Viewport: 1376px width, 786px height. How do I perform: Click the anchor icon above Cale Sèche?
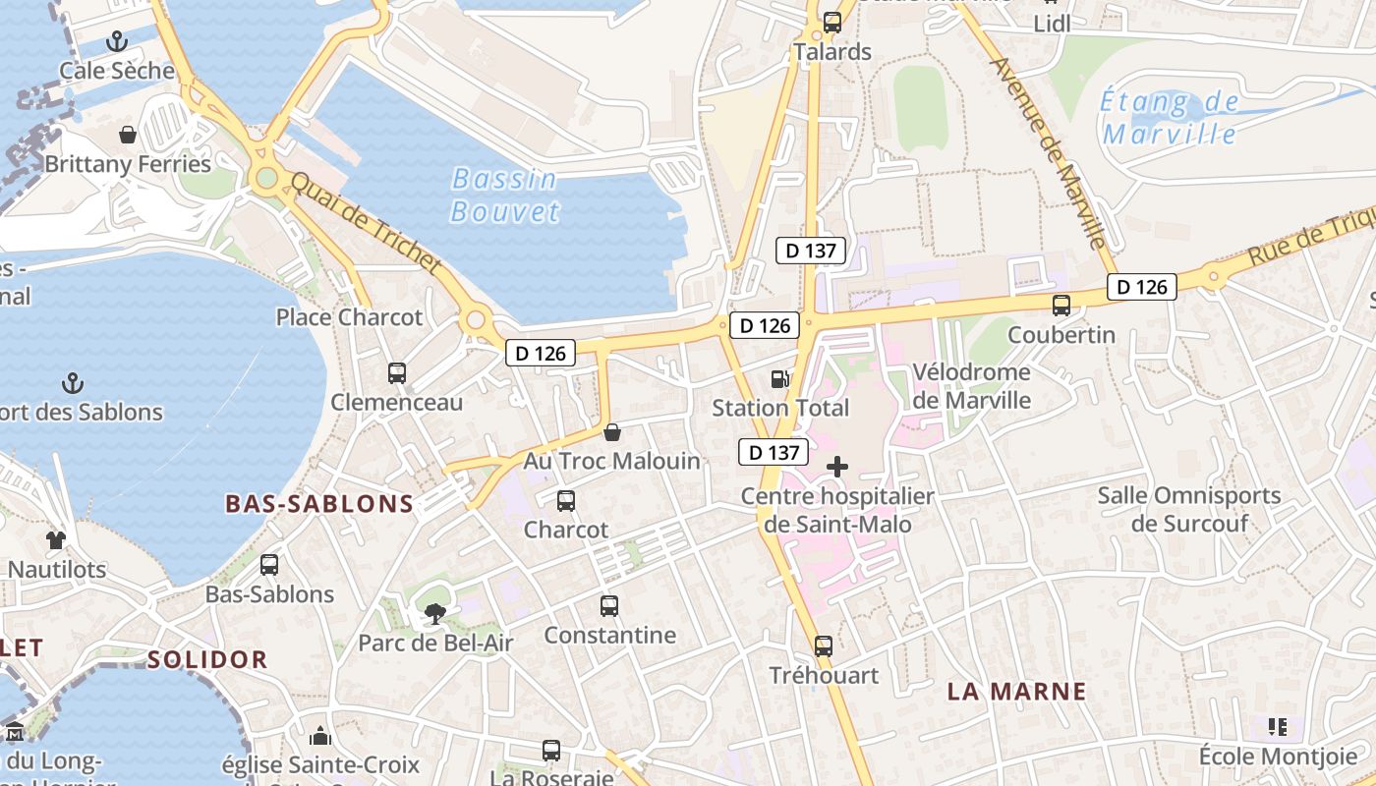[117, 41]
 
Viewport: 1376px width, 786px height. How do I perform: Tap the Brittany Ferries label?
[128, 164]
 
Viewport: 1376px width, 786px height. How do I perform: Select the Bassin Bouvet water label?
[505, 195]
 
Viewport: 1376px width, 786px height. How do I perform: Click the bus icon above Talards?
[832, 22]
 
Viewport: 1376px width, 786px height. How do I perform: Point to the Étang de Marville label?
[1170, 117]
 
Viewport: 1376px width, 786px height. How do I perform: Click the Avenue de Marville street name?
[1050, 152]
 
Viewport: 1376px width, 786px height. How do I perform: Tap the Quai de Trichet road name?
[366, 223]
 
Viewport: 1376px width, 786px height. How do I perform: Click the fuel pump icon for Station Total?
[779, 378]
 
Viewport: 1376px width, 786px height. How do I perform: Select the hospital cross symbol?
[837, 467]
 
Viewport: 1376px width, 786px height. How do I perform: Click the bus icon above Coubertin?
[1061, 306]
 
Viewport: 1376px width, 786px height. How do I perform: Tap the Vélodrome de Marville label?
[971, 386]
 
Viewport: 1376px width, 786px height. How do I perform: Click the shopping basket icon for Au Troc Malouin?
[612, 432]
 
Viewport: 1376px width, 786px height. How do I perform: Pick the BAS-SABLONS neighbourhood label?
[319, 504]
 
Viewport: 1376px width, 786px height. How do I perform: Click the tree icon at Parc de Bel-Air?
[433, 615]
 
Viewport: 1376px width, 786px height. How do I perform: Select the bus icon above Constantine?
[609, 606]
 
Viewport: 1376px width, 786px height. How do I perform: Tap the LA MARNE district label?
[1016, 691]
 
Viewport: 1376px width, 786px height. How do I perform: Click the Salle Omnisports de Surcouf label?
[1189, 509]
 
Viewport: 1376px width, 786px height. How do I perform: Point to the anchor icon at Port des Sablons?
[72, 382]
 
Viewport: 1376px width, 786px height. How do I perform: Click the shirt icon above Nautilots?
[56, 539]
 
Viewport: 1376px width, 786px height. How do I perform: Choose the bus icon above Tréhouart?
[824, 646]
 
